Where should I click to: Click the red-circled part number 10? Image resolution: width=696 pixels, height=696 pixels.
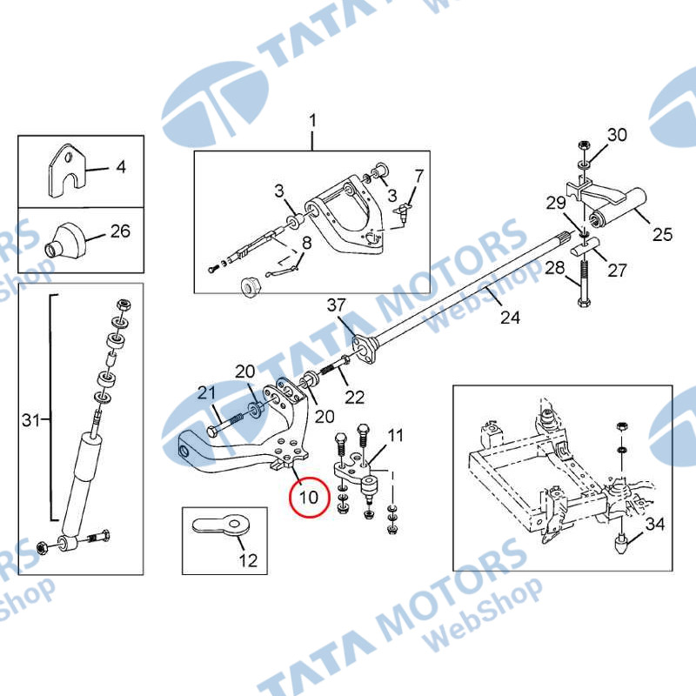[309, 497]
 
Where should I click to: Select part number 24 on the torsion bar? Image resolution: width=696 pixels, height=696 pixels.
[510, 318]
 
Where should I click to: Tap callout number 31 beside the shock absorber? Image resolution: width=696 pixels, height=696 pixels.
[30, 420]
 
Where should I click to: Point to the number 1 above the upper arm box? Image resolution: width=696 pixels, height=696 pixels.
[313, 121]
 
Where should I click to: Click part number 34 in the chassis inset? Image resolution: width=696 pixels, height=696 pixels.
[655, 525]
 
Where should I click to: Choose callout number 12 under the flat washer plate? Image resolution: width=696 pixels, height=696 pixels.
[248, 560]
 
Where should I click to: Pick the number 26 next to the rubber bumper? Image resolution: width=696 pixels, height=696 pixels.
[120, 231]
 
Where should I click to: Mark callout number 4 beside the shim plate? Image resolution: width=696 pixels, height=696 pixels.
[121, 167]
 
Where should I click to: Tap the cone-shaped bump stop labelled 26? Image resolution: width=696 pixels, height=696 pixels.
[64, 240]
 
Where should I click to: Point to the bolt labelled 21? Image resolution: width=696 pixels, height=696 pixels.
[225, 424]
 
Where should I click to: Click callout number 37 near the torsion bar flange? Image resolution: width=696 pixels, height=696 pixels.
[336, 305]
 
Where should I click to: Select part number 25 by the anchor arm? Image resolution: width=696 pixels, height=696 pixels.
[662, 234]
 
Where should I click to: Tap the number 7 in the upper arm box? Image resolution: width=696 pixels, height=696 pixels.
[419, 177]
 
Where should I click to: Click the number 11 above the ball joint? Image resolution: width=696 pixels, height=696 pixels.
[396, 436]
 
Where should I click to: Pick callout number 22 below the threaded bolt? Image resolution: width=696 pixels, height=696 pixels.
[355, 398]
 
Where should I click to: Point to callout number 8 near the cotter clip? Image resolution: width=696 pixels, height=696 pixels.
[307, 244]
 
